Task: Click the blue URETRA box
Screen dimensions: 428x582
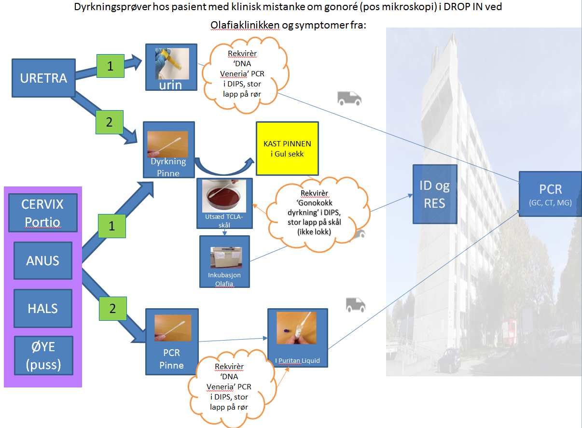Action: (x=43, y=78)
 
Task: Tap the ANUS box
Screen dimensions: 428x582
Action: (x=42, y=261)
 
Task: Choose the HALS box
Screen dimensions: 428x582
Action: (x=42, y=308)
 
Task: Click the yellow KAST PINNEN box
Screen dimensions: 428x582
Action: (x=287, y=148)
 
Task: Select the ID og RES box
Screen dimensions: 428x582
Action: (x=434, y=194)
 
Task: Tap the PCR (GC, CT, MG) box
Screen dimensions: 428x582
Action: (x=550, y=194)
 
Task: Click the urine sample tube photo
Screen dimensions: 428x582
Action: (x=171, y=63)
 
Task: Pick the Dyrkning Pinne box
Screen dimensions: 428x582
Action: (x=168, y=149)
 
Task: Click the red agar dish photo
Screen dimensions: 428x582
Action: (x=224, y=196)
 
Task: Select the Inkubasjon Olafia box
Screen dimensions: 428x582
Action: (x=224, y=261)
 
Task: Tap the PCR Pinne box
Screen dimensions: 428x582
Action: (x=172, y=342)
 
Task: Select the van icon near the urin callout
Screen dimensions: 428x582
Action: (x=349, y=99)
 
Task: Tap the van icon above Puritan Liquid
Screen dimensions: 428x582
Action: (x=355, y=304)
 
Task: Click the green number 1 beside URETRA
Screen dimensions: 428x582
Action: (x=111, y=66)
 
